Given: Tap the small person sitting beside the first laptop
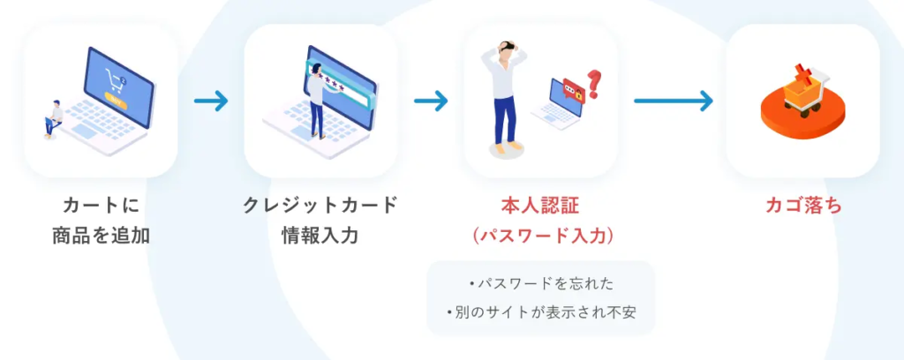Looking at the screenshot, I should [x=54, y=118].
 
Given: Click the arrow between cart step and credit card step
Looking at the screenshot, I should [x=211, y=101].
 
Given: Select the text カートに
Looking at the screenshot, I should [x=101, y=206].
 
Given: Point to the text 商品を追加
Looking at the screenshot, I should [x=101, y=236].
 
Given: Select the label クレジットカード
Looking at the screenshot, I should [x=320, y=206].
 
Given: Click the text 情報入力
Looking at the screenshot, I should [x=320, y=236].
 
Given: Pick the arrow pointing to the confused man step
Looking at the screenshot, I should [x=430, y=101].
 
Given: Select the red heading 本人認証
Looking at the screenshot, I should [x=540, y=206].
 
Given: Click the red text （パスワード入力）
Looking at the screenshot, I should [x=540, y=236].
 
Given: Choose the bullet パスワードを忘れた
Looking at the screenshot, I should [x=540, y=283].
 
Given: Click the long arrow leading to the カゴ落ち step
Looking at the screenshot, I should [x=673, y=101].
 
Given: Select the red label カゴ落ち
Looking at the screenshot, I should [x=802, y=206].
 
